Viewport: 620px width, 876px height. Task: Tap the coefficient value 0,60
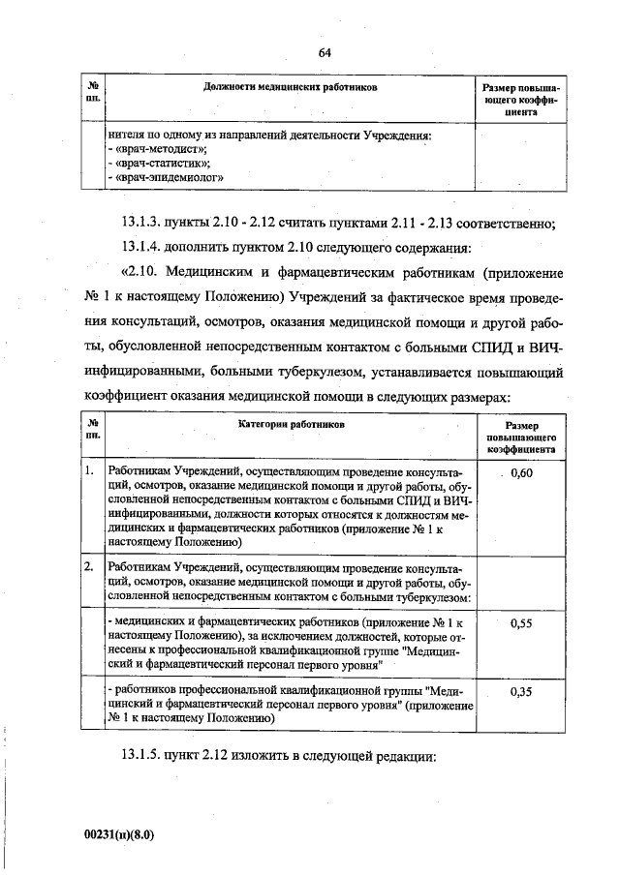[522, 472]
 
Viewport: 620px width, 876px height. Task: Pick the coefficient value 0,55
[522, 624]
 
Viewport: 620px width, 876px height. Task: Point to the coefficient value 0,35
[522, 693]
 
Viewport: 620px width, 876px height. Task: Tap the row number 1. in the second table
[89, 471]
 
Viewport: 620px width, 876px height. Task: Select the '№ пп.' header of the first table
[93, 93]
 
